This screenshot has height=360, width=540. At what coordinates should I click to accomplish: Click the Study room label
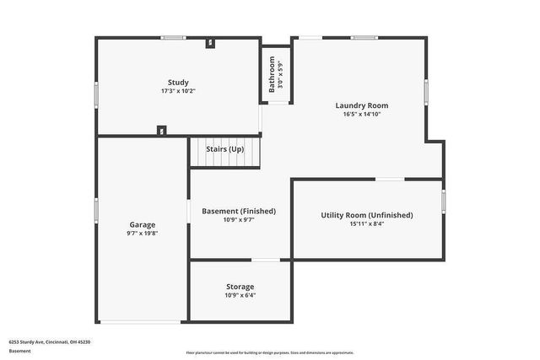coord(178,82)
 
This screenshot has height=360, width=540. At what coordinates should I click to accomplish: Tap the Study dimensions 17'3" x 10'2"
coord(178,91)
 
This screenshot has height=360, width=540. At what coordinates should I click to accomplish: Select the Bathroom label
coord(272,75)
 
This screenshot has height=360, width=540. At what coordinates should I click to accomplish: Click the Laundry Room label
coord(362,105)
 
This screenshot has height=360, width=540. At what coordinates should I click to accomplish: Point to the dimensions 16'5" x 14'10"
coord(362,114)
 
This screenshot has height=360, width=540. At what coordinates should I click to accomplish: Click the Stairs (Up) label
coord(225,149)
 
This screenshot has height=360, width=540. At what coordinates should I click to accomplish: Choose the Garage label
coord(143,224)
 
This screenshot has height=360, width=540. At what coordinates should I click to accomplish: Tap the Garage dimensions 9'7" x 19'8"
coord(143,233)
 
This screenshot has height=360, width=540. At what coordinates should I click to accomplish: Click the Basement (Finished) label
coord(239,211)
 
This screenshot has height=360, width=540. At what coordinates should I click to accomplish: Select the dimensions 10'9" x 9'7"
coord(239,220)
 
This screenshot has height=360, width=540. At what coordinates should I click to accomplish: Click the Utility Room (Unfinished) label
coord(367,215)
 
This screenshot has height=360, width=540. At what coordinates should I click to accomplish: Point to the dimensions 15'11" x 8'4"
coord(367,224)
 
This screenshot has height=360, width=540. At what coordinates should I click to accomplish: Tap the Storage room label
coord(240,287)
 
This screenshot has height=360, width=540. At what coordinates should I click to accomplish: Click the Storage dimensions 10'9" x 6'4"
coord(240,296)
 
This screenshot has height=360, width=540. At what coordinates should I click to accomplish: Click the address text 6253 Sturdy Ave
coord(50,341)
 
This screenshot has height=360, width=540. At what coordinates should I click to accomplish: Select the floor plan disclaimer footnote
coord(270,352)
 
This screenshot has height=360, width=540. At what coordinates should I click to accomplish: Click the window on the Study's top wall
coord(174,37)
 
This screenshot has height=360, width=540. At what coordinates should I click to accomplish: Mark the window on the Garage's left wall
coord(96,209)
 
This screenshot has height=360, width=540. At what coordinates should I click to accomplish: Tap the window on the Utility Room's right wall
coord(444,200)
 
